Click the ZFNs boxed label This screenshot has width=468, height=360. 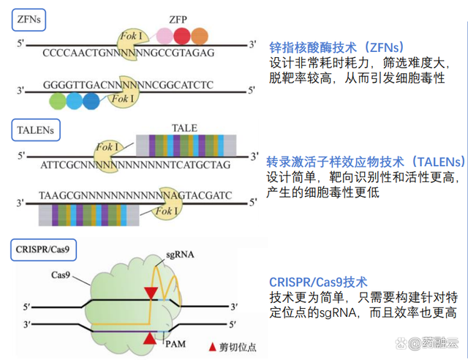click(x=29, y=20)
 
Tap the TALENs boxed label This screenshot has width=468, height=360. click(x=36, y=130)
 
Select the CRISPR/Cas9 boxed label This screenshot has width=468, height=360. click(x=44, y=250)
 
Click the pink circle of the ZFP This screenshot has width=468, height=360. click(x=165, y=36)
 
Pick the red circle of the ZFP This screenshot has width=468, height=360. click(x=182, y=36)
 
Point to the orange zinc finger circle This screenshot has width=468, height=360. click(x=200, y=36)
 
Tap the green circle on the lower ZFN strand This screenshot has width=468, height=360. click(x=58, y=101)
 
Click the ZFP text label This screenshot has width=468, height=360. click(x=178, y=20)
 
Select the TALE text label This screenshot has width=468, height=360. click(x=184, y=128)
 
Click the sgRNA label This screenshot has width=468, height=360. click(x=180, y=255)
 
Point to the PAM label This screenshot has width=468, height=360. click(x=175, y=344)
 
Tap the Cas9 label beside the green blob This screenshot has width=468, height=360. click(x=60, y=274)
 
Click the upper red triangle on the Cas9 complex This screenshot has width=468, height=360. click(x=151, y=293)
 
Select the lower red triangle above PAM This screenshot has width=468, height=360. click(x=150, y=339)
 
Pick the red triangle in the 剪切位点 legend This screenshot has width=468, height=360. click(x=212, y=347)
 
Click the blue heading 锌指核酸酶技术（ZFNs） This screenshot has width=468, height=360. click(x=336, y=48)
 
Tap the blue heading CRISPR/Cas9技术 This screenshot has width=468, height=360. click(x=318, y=282)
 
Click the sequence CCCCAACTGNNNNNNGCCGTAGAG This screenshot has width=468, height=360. click(x=129, y=53)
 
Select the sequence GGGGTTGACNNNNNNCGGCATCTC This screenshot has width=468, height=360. click(x=129, y=85)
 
